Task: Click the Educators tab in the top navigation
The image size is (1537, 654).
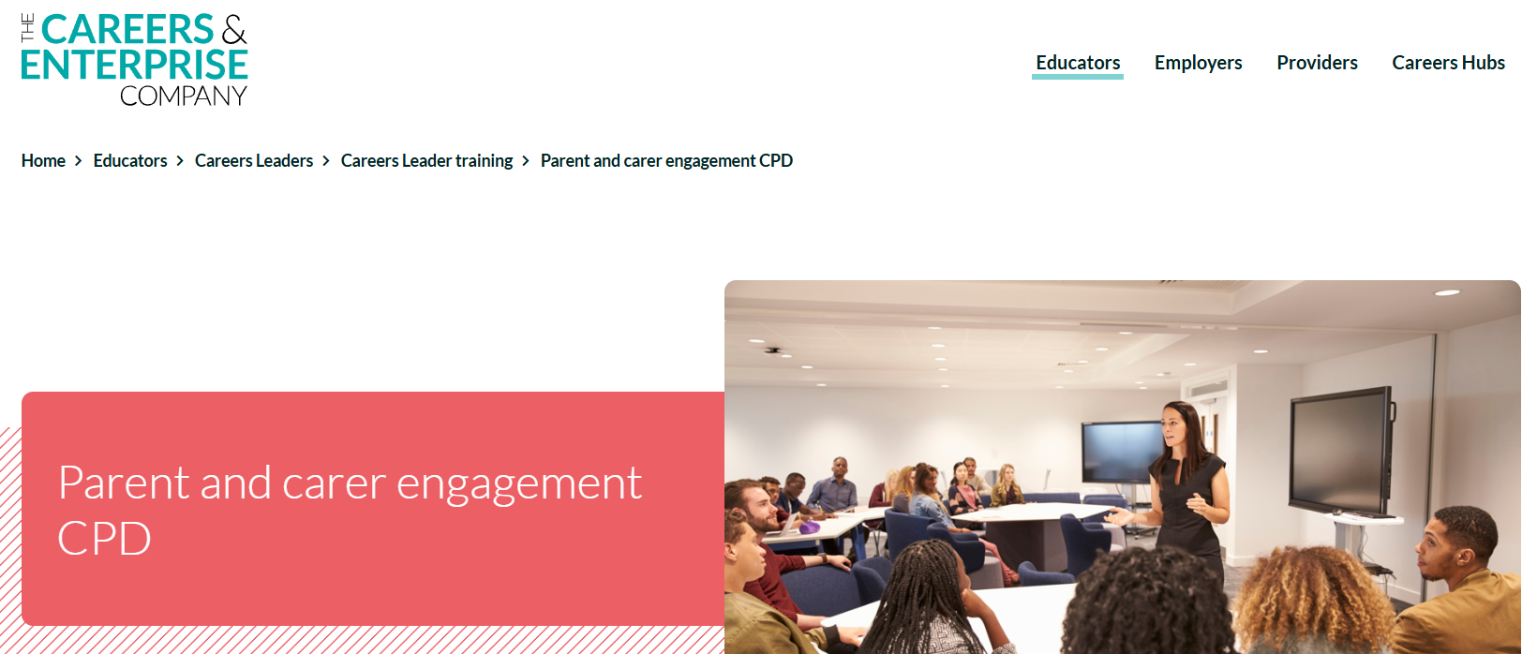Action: coord(1077,63)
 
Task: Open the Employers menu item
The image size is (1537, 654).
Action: coord(1198,63)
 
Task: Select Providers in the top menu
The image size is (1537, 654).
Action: coord(1317,63)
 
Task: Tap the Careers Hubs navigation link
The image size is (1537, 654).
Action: coord(1448,63)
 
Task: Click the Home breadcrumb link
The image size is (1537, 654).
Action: coord(43,160)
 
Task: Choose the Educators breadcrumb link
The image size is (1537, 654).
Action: coord(129,160)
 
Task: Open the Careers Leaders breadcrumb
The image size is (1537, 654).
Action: coord(254,160)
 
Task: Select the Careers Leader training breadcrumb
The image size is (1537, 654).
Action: coord(426,160)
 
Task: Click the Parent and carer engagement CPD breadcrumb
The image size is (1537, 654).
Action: coord(666,160)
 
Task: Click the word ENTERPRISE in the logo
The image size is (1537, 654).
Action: coord(135,65)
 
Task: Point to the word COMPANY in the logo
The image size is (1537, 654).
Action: coord(183,97)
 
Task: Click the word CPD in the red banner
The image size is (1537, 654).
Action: coord(104,539)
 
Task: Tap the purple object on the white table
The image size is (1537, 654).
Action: coord(809,528)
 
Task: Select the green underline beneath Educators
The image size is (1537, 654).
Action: coord(1077,77)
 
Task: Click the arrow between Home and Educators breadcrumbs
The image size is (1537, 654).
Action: coord(78,160)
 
